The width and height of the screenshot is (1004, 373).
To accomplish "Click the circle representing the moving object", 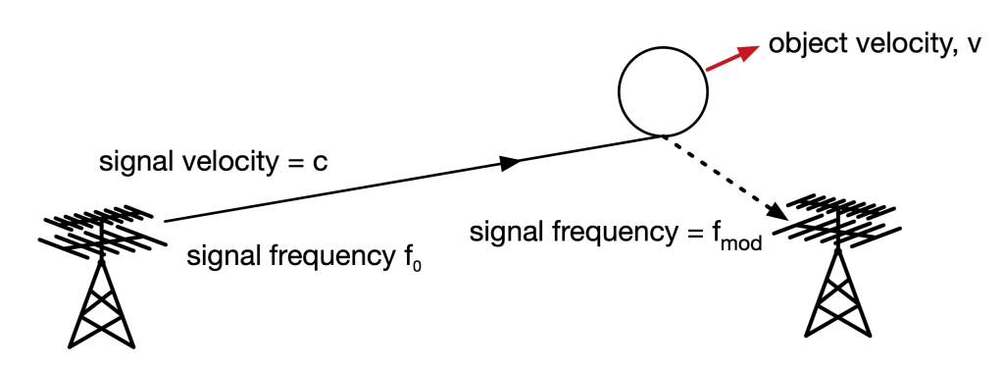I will pos(663,90).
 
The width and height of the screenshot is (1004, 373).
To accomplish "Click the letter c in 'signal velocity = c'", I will pos(320,162).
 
